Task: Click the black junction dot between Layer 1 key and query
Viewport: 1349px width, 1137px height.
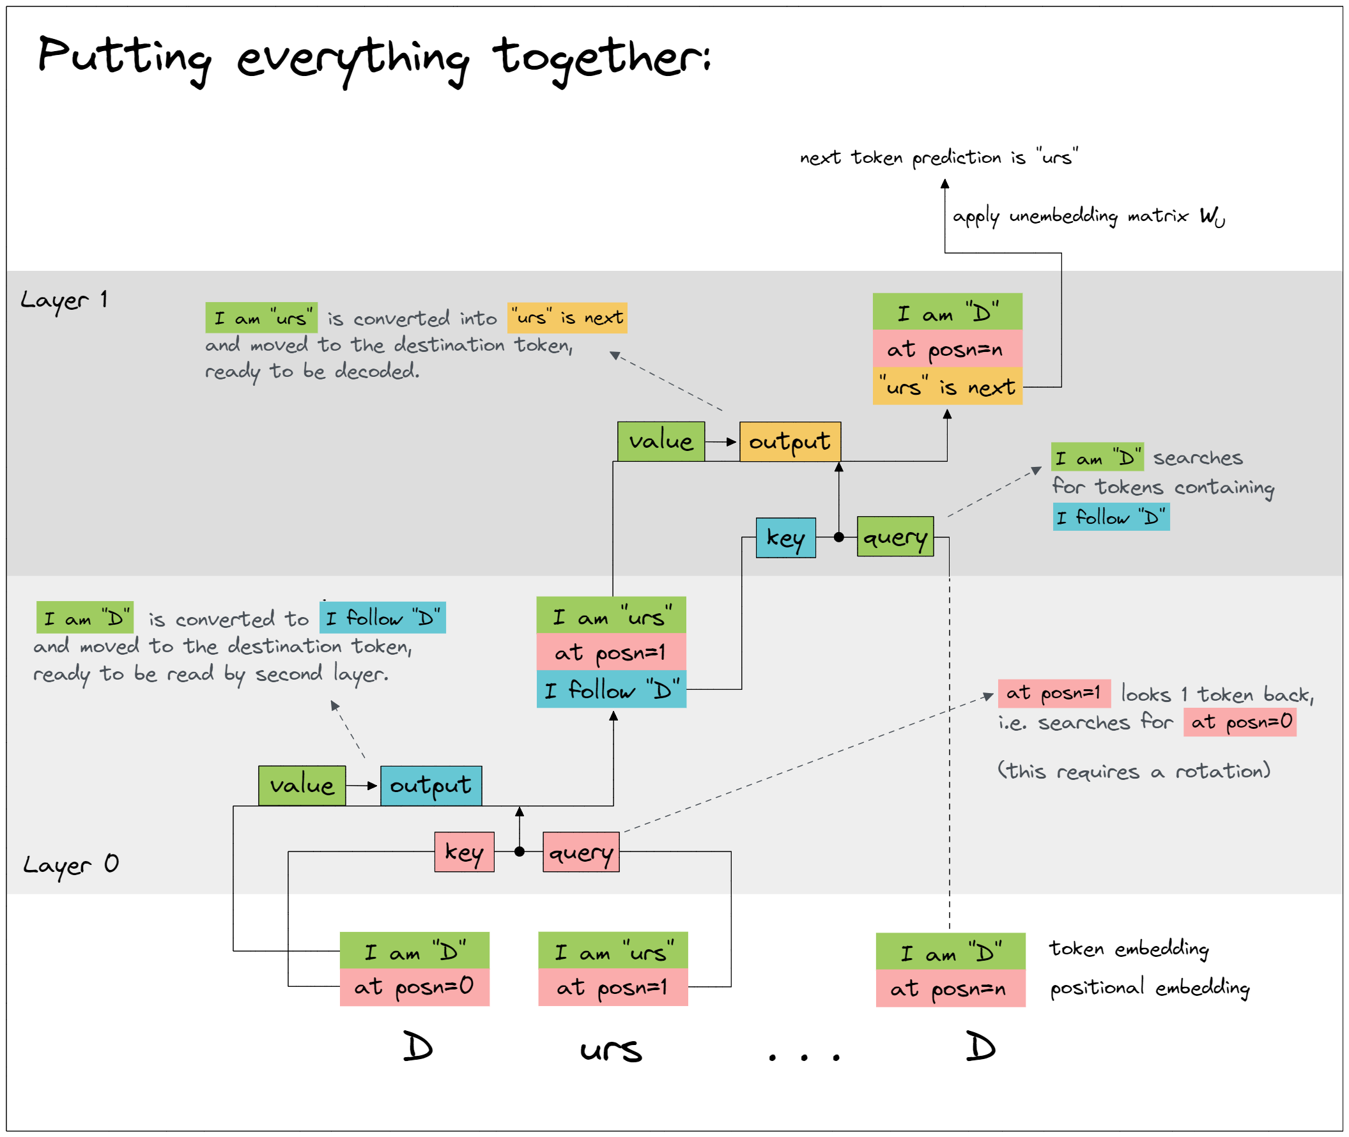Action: [x=838, y=537]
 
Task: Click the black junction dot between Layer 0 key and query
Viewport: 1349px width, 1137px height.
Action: [x=520, y=851]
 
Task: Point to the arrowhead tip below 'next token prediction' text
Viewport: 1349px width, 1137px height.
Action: [x=944, y=180]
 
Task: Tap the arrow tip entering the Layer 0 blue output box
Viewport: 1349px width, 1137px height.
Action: [x=377, y=785]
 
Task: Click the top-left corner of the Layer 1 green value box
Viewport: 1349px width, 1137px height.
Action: [x=618, y=422]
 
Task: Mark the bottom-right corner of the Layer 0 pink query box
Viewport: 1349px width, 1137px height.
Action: [x=619, y=871]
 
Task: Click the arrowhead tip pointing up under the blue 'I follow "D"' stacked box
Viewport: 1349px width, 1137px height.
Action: [x=613, y=711]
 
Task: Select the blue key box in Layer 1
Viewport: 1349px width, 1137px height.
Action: [x=785, y=538]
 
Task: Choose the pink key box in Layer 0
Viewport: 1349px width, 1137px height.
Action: [x=465, y=851]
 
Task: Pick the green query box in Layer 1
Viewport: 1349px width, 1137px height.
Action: [x=895, y=537]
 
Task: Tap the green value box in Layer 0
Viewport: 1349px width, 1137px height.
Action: [x=302, y=785]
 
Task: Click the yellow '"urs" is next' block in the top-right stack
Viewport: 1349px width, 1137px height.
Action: [x=947, y=386]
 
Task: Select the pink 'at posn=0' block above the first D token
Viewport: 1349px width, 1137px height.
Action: [x=415, y=987]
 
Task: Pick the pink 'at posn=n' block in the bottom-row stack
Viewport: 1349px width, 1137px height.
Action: [x=950, y=988]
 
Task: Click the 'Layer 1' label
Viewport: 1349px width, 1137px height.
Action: [x=64, y=300]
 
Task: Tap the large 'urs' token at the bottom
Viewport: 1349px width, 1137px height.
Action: [x=611, y=1049]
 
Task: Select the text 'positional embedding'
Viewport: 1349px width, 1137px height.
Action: [x=1149, y=988]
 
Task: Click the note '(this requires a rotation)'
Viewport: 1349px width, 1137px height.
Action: [x=1134, y=770]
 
